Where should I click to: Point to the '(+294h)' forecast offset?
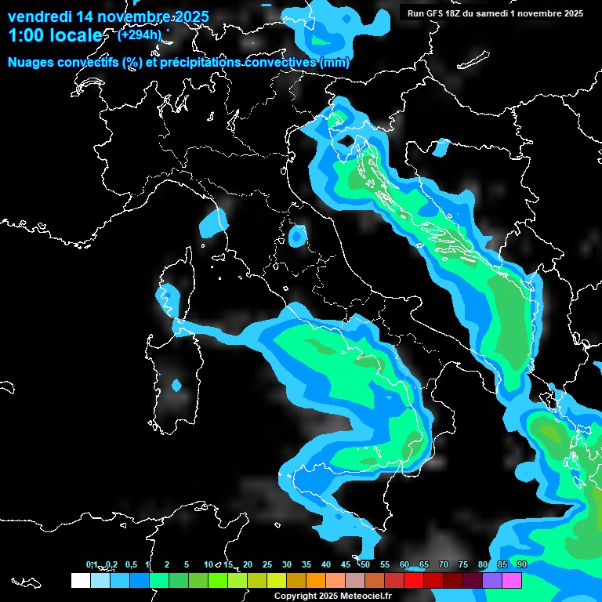click(139, 34)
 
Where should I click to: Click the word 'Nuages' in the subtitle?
click(31, 63)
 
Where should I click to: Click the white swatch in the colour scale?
click(80, 581)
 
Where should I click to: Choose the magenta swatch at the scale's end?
click(512, 581)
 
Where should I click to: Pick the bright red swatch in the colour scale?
click(414, 581)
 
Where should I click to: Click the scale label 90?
click(522, 564)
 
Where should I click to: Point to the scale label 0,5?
click(130, 564)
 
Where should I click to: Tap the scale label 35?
click(306, 564)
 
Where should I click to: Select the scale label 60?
click(404, 564)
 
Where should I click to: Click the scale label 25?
click(267, 564)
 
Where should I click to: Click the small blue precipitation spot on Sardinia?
click(176, 385)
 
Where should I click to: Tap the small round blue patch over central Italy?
click(297, 235)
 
